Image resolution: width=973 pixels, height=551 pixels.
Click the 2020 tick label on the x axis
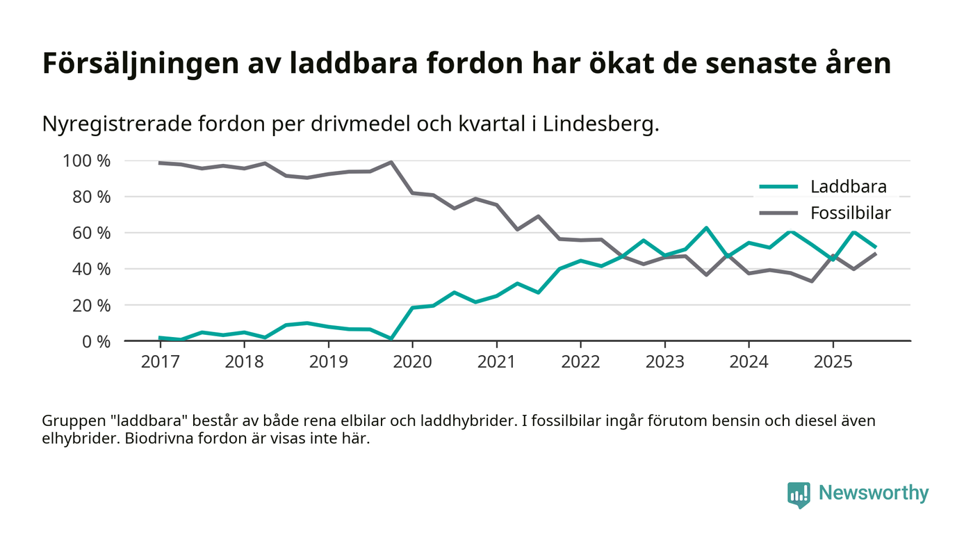[412, 363]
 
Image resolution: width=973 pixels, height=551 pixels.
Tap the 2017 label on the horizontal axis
[160, 363]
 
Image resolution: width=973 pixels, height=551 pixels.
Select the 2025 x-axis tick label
[833, 363]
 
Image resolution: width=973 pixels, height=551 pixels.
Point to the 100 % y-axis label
[87, 161]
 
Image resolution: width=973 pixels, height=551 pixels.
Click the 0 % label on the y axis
[95, 341]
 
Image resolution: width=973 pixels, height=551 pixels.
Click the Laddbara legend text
[848, 186]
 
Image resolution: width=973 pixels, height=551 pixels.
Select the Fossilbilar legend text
[851, 213]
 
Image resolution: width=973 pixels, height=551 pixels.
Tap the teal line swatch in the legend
[778, 186]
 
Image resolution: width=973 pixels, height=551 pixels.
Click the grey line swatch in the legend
[778, 213]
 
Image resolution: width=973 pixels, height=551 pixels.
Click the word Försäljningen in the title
[139, 64]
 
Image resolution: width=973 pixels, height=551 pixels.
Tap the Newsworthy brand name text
[874, 493]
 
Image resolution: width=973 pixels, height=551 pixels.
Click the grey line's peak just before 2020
[391, 163]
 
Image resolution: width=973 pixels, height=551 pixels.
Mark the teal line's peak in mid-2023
[706, 228]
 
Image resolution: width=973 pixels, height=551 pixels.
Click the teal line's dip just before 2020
[391, 338]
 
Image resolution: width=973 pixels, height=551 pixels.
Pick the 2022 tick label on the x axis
[580, 363]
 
